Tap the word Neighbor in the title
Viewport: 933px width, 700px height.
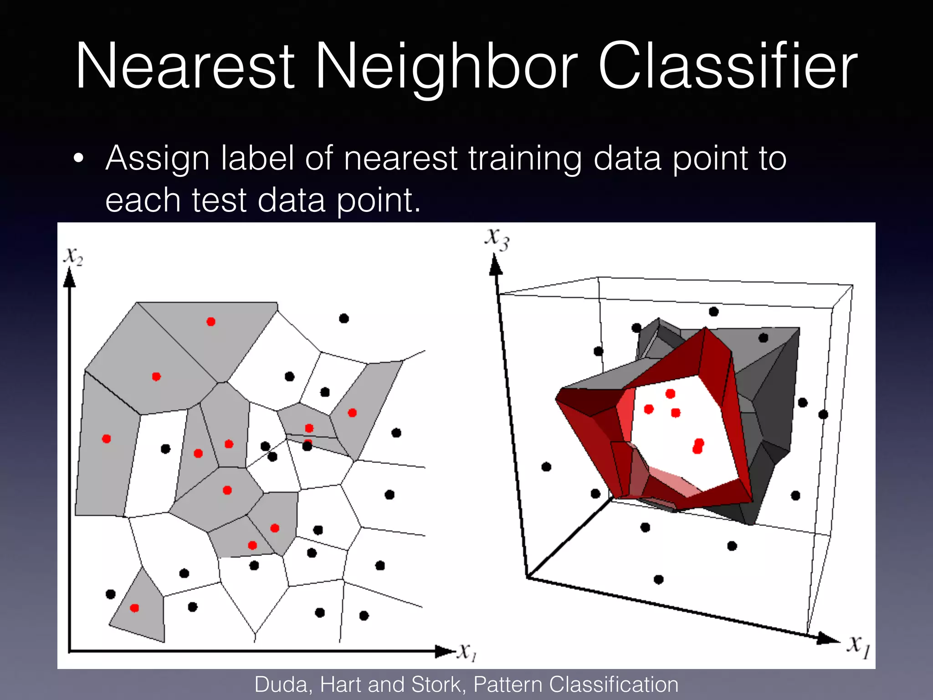[446, 66]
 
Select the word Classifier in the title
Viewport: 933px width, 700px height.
[728, 66]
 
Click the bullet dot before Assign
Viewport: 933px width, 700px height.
[78, 159]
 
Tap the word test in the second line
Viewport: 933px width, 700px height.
[219, 201]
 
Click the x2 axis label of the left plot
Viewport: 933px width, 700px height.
[73, 256]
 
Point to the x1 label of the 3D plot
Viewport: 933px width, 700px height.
[859, 646]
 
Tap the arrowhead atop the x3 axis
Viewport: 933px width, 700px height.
[495, 265]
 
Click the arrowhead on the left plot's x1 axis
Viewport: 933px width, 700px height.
[444, 651]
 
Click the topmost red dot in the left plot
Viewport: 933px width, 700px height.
[211, 322]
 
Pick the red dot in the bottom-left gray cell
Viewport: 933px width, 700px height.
[134, 608]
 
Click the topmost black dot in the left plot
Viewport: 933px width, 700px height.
[344, 319]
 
